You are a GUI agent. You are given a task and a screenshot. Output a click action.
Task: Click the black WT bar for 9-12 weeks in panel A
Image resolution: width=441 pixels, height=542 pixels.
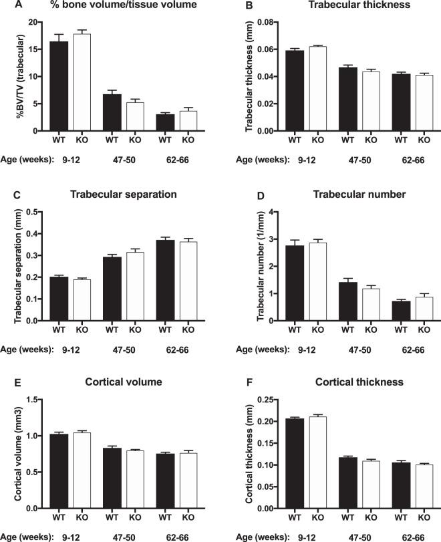click(x=58, y=86)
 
